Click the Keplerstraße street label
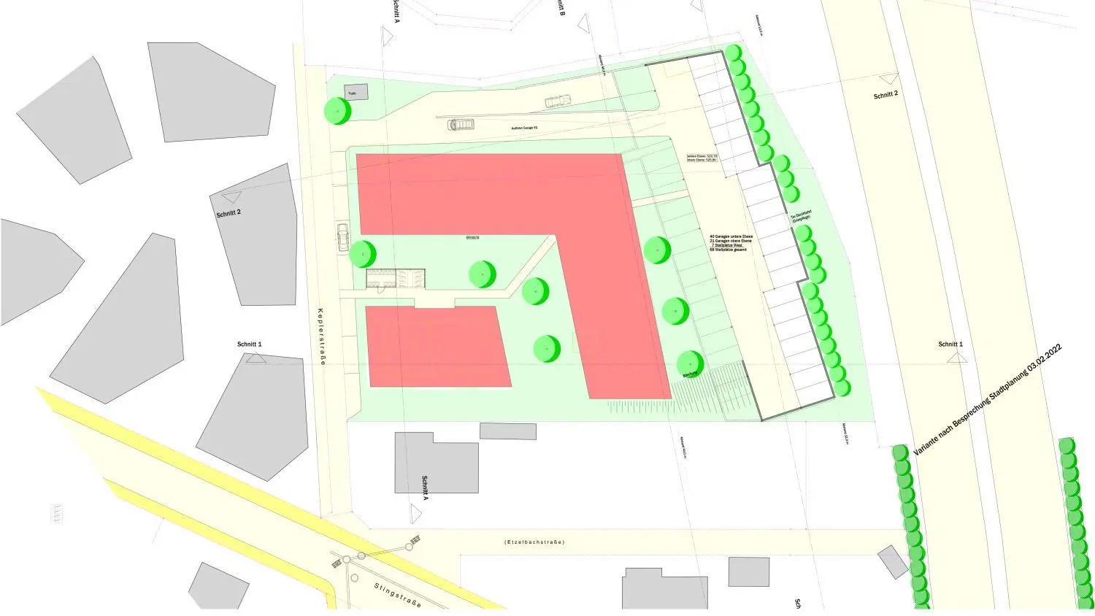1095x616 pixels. pos(321,336)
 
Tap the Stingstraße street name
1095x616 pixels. pos(398,596)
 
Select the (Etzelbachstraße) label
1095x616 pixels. pos(534,542)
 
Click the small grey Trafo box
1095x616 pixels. pos(356,93)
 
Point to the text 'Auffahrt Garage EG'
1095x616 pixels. pos(524,128)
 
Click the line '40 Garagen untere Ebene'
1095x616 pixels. pos(731,236)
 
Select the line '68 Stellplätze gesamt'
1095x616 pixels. pos(728,250)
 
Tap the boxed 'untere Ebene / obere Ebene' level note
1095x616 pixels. pos(702,158)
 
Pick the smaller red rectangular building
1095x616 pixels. pos(438,346)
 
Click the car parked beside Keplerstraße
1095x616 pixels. pos(343,236)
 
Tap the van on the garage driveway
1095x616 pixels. pos(461,125)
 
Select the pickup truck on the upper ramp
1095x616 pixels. pos(557,101)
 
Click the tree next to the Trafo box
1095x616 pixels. pos(338,111)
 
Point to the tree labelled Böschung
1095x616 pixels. pos(690,363)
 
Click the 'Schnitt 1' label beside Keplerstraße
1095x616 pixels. pos(249,344)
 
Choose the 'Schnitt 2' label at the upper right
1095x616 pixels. pos(885,96)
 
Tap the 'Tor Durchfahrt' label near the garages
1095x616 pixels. pos(801,217)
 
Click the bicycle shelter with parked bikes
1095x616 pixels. pos(395,278)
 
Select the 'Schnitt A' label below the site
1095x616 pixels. pos(424,487)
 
